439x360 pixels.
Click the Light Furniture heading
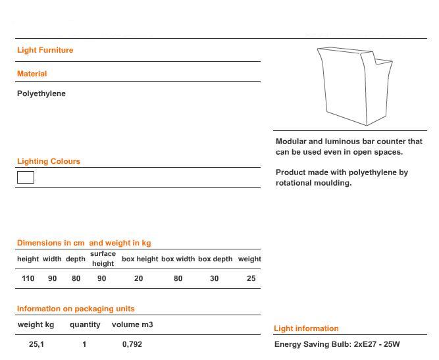[x=45, y=50]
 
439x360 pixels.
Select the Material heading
[x=32, y=74]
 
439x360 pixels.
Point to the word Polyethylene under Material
[x=41, y=93]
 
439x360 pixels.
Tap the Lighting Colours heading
[x=48, y=161]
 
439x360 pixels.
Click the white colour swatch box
[x=25, y=177]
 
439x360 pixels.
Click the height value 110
[x=28, y=278]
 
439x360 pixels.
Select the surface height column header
[x=103, y=259]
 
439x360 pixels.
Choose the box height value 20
[x=138, y=278]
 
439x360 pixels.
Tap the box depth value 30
[x=215, y=278]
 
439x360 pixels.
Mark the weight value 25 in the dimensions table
[x=251, y=278]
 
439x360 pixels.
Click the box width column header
[x=178, y=259]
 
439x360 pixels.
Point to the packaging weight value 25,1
[x=36, y=344]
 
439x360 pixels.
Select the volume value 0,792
[x=132, y=344]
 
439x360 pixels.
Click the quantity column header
[x=85, y=324]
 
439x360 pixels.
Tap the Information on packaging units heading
[x=75, y=309]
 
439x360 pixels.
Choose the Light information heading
[x=306, y=328]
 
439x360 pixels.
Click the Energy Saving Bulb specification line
[x=337, y=344]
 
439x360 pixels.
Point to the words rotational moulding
[x=313, y=183]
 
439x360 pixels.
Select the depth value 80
[x=76, y=278]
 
